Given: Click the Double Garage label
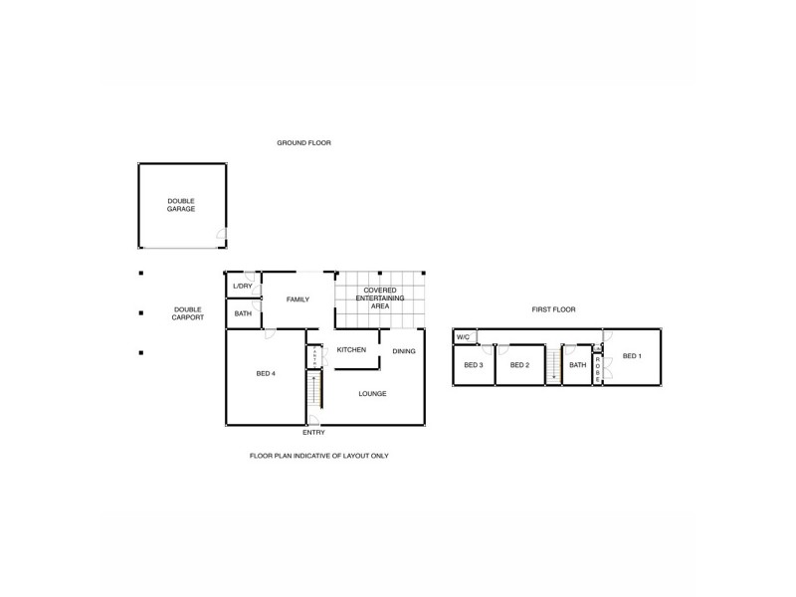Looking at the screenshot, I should click(180, 205).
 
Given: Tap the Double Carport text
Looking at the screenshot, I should click(188, 312).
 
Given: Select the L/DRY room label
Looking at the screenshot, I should click(243, 287).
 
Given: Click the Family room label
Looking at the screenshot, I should click(298, 299).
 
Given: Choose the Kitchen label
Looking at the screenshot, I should click(351, 350).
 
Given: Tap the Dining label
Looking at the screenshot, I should click(403, 351).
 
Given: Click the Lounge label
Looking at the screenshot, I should click(372, 394).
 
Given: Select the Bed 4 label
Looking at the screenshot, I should click(266, 374).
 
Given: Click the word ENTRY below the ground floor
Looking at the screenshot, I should click(313, 433).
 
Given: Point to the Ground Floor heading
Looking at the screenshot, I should click(303, 143).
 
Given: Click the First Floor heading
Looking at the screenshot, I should click(553, 309).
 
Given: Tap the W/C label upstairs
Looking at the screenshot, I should click(463, 337).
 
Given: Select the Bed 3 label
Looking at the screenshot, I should click(474, 365).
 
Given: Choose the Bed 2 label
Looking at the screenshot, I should click(518, 365).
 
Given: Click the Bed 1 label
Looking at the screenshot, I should click(632, 356).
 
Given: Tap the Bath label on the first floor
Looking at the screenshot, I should click(577, 365).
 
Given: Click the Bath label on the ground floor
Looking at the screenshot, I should click(243, 314).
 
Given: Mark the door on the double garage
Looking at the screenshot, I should click(222, 237).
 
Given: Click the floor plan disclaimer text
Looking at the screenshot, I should click(318, 456).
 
